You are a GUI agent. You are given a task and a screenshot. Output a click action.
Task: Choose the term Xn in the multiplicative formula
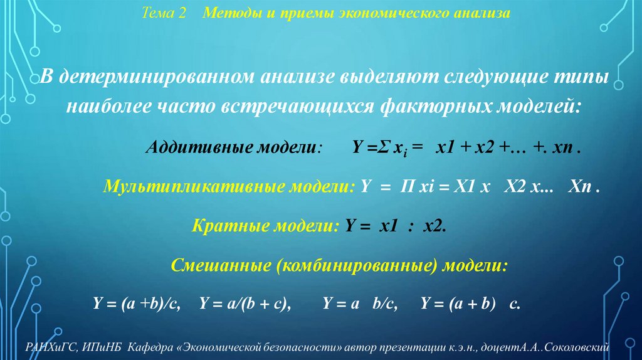(x=579, y=187)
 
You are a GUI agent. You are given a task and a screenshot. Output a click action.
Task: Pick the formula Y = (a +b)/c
(x=137, y=304)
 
